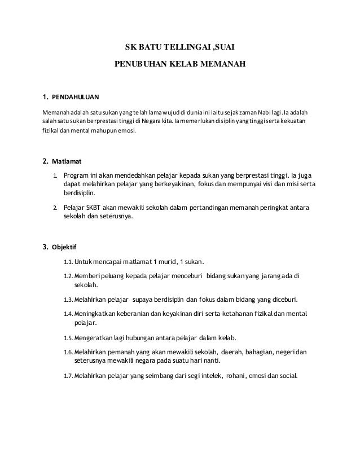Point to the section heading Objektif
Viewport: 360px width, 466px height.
[x=64, y=247]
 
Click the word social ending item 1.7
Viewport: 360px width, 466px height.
[x=286, y=376]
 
